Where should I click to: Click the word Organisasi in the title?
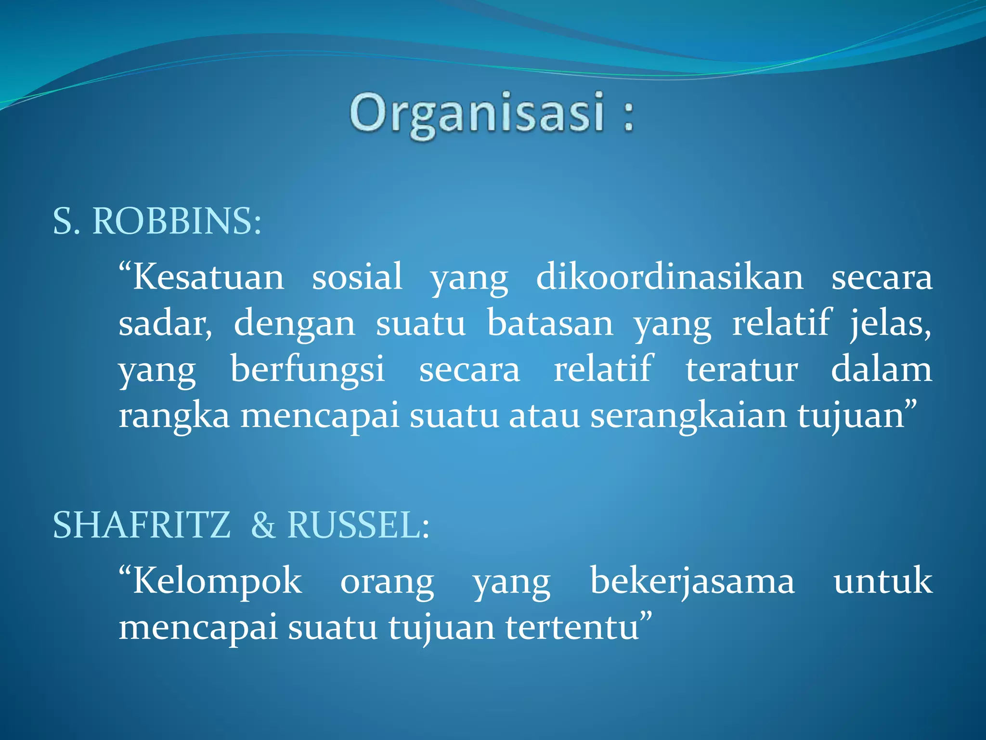[x=477, y=114]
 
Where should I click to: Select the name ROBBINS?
[x=176, y=222]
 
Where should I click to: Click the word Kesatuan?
[x=208, y=278]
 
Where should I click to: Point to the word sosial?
[x=357, y=278]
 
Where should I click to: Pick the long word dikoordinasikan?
[x=670, y=278]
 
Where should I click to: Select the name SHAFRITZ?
[x=142, y=525]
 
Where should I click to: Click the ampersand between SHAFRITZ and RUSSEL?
[x=263, y=525]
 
